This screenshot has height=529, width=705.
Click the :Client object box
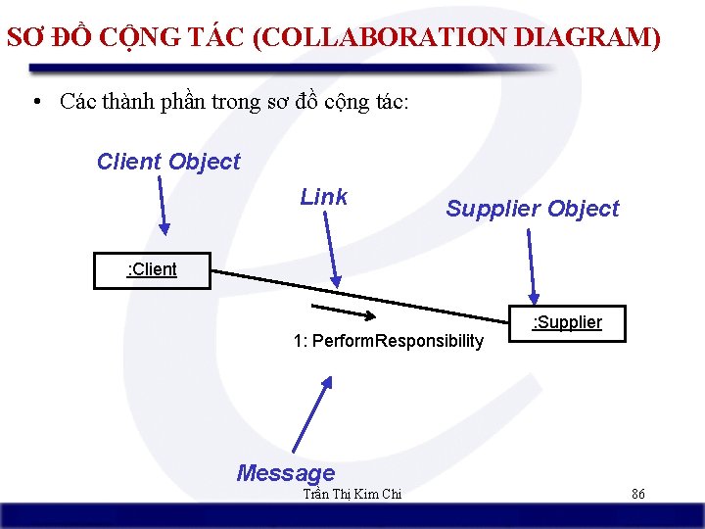coord(152,270)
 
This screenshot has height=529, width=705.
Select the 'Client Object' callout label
coord(168,162)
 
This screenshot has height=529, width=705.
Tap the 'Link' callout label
coord(323,197)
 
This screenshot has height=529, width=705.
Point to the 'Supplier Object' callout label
coord(533,209)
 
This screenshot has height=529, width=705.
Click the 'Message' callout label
coord(285,473)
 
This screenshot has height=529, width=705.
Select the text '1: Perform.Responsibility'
coord(388,341)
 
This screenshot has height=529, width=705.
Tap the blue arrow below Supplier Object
coord(531,264)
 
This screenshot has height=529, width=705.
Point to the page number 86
coord(637,495)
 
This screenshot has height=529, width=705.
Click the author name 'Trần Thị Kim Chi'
coord(352,495)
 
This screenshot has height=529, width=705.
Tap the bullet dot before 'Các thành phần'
coord(35,102)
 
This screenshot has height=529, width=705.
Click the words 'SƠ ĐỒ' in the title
coord(48,38)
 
